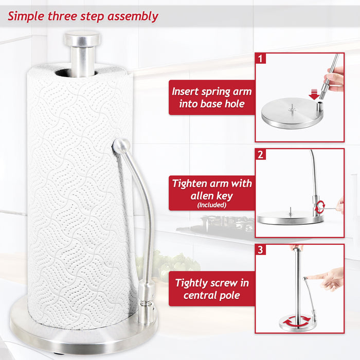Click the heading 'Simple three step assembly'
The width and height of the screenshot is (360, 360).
83,16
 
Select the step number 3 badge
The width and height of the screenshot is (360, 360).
262,250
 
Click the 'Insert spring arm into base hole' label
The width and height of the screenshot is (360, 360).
212,98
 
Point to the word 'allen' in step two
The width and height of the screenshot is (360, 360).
189,196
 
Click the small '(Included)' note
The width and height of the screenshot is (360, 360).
212,205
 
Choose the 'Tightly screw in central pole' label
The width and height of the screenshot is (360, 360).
212,289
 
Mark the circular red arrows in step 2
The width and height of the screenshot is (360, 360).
320,207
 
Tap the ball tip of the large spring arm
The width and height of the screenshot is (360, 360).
120,146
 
